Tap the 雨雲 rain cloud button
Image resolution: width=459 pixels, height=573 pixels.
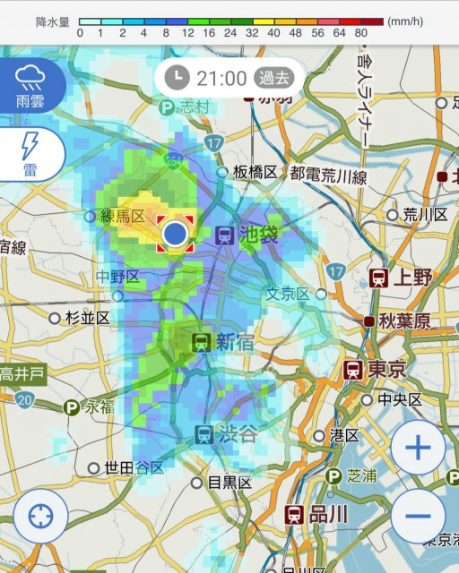(32, 85)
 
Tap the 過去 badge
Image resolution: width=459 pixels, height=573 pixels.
(273, 77)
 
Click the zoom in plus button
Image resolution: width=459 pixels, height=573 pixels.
(418, 448)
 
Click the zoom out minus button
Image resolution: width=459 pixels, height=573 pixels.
(418, 517)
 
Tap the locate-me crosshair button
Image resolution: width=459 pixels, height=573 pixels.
(40, 517)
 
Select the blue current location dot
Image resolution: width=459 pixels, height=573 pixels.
(175, 235)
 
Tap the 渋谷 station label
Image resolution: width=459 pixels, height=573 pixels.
(238, 435)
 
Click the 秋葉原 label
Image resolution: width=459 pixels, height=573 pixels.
(403, 321)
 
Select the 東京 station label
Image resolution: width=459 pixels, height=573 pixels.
(386, 368)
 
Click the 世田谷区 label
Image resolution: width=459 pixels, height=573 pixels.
(134, 467)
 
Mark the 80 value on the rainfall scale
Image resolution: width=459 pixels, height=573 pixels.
(361, 33)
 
